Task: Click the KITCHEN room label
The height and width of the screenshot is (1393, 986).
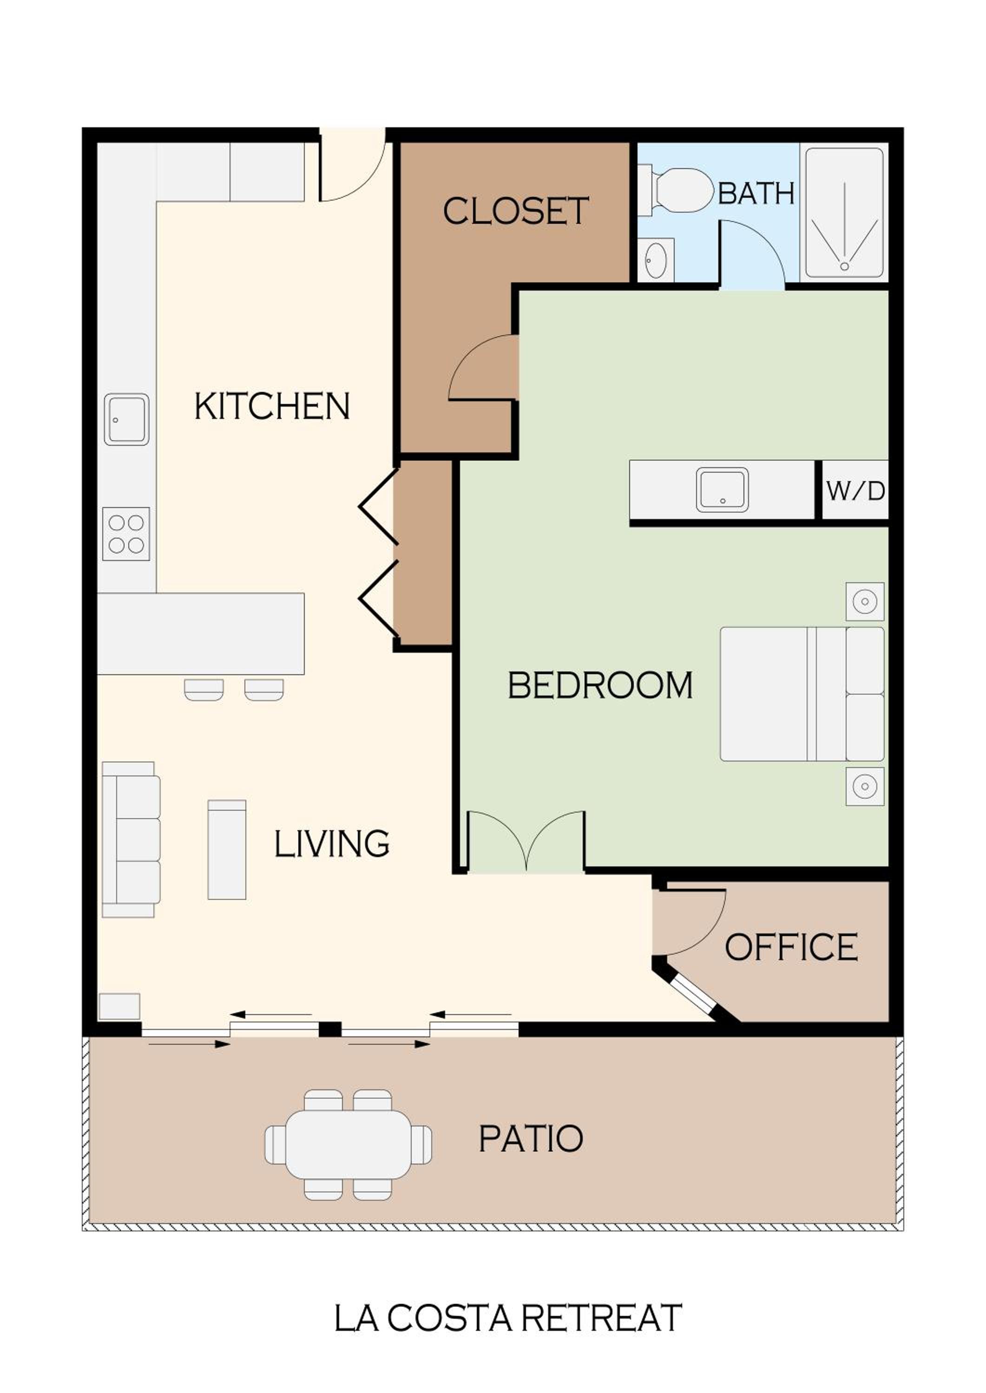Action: click(272, 406)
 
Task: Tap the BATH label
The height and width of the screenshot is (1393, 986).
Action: click(756, 194)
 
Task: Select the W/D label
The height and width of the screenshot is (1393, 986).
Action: click(855, 491)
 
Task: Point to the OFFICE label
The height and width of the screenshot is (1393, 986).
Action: click(791, 947)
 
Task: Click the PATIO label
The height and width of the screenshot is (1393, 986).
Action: click(531, 1139)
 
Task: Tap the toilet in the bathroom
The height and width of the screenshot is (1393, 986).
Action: click(675, 190)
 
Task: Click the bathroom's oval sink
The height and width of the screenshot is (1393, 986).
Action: click(656, 260)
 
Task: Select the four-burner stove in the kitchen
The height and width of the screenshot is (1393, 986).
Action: click(125, 534)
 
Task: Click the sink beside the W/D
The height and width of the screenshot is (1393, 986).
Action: click(723, 489)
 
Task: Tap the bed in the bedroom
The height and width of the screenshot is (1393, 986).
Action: click(802, 693)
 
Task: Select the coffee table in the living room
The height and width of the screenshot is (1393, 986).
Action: click(227, 849)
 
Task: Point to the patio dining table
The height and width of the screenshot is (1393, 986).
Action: click(348, 1144)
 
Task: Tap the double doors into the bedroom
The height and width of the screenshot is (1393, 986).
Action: click(526, 841)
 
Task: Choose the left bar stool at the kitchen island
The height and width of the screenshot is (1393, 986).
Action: click(204, 690)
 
